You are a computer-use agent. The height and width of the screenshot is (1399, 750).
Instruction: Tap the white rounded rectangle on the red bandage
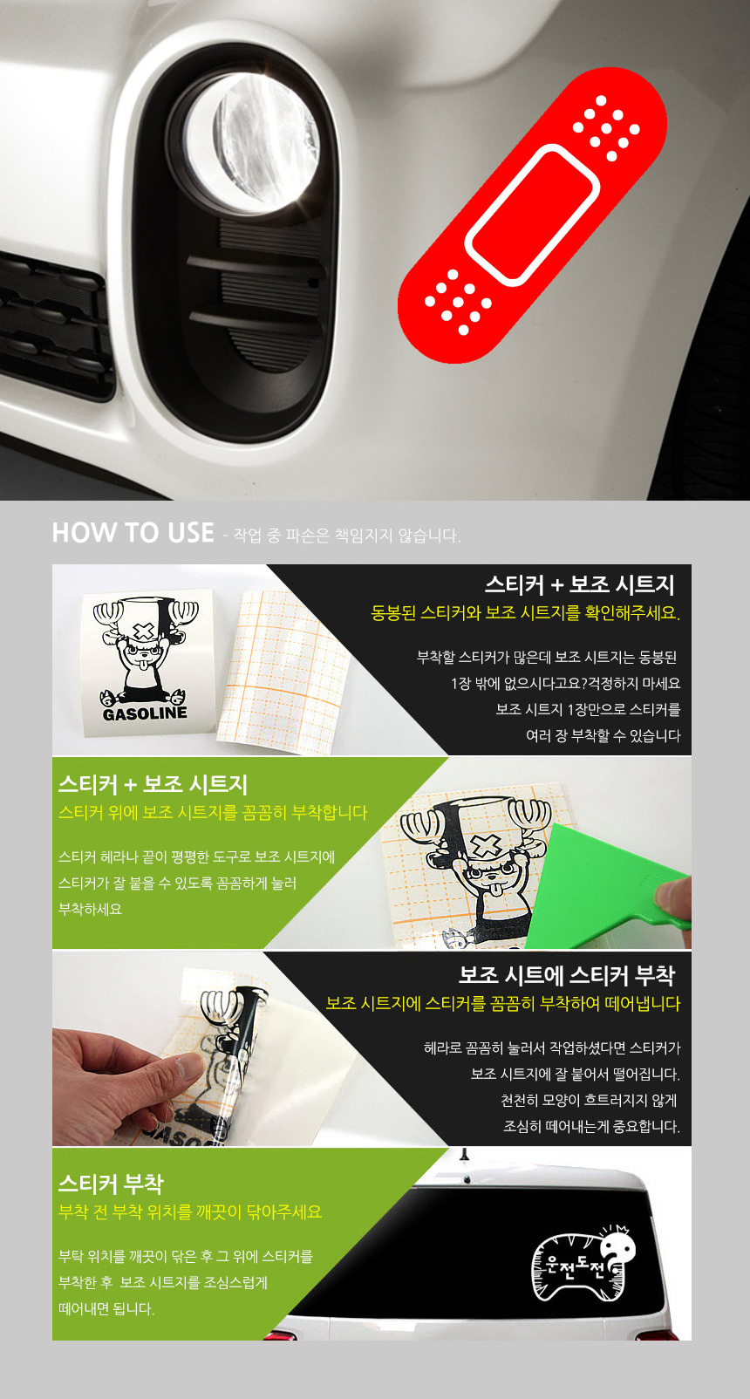tap(532, 215)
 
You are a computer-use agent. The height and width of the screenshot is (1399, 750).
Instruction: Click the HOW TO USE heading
tap(133, 533)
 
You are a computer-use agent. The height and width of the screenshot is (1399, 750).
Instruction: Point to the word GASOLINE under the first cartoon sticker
tap(144, 713)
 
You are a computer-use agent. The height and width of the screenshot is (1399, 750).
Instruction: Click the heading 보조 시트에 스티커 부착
tap(566, 975)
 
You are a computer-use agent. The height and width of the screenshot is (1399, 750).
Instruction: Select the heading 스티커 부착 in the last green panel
tap(111, 1184)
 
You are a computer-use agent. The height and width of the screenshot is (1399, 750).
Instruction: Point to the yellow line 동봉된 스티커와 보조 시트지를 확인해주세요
tap(525, 612)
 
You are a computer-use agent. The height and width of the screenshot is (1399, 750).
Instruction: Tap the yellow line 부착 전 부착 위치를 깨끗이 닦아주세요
tap(190, 1212)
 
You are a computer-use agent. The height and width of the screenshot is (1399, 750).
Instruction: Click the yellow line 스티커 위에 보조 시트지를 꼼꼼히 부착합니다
tap(213, 813)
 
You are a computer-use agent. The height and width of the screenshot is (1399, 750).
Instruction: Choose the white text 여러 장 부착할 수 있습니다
tap(603, 736)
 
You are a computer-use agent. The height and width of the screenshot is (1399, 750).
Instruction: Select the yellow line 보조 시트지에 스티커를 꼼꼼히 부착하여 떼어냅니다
tap(502, 1004)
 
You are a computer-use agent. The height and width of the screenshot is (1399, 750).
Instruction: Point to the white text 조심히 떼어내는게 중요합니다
tap(592, 1127)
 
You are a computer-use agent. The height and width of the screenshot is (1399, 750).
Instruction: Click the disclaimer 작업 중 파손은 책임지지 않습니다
tap(346, 536)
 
